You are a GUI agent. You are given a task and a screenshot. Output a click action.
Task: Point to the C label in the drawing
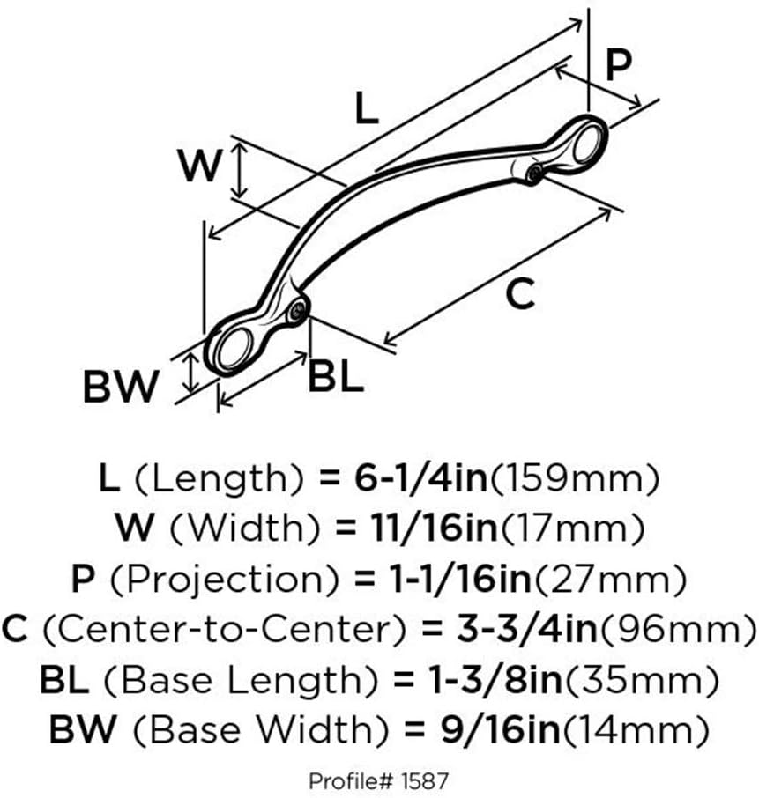click(522, 293)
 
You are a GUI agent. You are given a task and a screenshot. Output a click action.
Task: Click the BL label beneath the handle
click(336, 378)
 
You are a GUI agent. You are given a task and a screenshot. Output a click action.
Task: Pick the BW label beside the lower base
click(121, 386)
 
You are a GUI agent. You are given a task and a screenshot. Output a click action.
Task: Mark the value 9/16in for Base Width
click(477, 729)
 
